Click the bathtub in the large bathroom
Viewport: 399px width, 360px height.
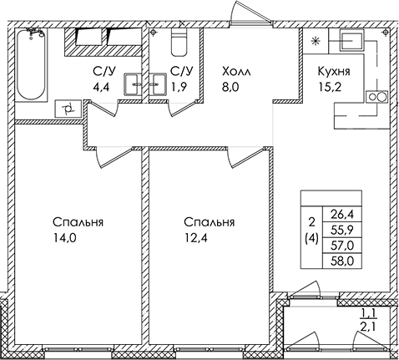(x=31, y=64)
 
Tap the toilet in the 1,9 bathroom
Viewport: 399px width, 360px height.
(x=179, y=42)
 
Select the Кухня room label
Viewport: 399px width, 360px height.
(x=334, y=72)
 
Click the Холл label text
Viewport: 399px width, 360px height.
(x=236, y=72)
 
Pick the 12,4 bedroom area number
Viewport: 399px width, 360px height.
(x=196, y=238)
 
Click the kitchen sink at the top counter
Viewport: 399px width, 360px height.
(x=351, y=42)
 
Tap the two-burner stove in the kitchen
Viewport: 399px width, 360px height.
(x=376, y=97)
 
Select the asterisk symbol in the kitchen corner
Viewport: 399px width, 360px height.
(x=316, y=42)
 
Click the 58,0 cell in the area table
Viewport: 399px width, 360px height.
(x=342, y=261)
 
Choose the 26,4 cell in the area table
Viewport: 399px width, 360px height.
(x=342, y=215)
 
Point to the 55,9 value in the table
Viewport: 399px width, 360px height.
(x=342, y=230)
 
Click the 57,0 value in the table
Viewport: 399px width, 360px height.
(x=342, y=246)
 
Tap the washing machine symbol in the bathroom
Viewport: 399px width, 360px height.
(x=68, y=109)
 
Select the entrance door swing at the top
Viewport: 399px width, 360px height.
(x=250, y=13)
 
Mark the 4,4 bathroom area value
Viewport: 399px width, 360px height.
(x=103, y=87)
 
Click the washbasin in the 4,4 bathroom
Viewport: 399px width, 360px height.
(x=133, y=84)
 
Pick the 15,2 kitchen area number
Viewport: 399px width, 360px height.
(x=330, y=87)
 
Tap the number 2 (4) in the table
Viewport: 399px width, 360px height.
(x=311, y=231)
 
